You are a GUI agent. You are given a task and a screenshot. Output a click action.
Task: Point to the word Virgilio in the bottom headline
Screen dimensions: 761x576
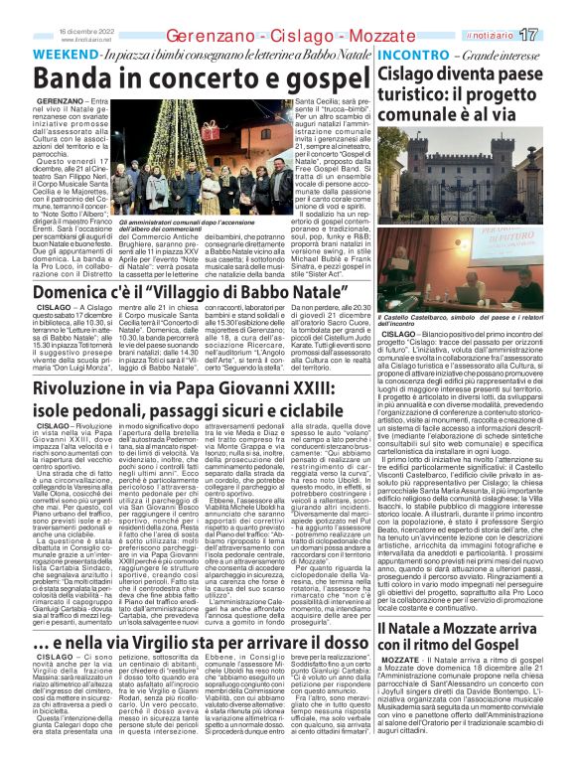[x=184, y=588]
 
